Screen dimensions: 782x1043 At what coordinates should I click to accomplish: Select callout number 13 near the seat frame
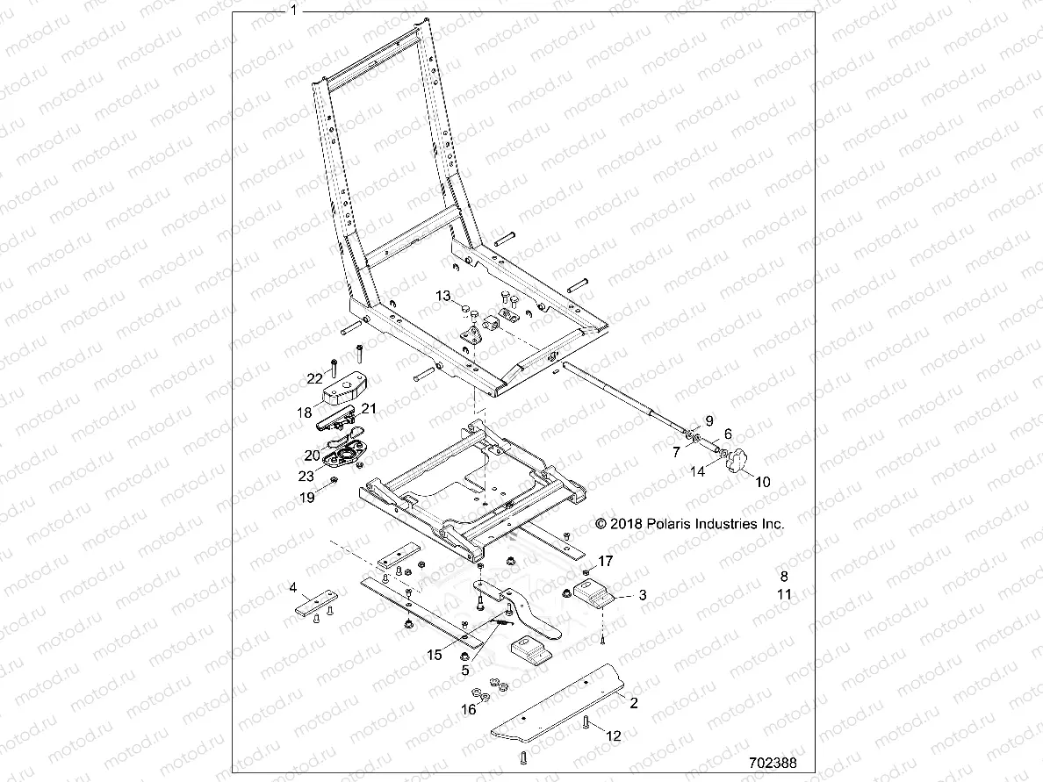[443, 295]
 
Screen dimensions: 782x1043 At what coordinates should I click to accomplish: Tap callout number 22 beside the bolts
[314, 378]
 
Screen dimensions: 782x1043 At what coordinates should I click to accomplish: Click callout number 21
[369, 408]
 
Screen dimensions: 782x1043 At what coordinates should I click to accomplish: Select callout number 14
[697, 471]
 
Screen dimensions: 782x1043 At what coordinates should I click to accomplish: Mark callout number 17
[605, 560]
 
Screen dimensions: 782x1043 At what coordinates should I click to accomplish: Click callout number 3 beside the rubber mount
[643, 595]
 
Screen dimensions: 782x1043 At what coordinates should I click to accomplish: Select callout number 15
[434, 655]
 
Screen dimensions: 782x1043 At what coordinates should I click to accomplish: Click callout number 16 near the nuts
[469, 709]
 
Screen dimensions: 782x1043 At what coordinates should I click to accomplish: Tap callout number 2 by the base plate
[634, 703]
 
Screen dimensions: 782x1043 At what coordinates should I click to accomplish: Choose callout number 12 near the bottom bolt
[613, 736]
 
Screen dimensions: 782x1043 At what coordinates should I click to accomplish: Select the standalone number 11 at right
[785, 594]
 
